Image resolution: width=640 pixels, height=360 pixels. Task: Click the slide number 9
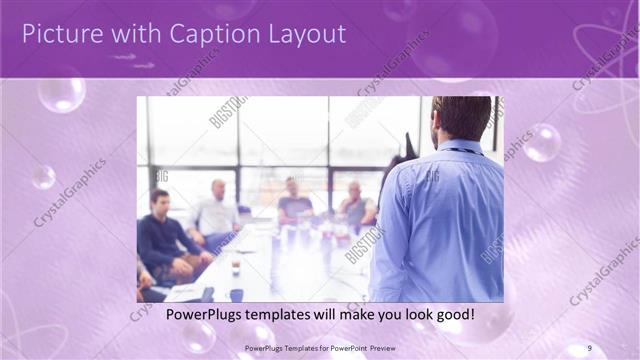coord(590,347)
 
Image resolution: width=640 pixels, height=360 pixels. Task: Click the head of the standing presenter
coord(461,118)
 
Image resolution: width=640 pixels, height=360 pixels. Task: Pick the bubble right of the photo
coord(543,142)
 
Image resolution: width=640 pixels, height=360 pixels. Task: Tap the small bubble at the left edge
coord(43,177)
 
